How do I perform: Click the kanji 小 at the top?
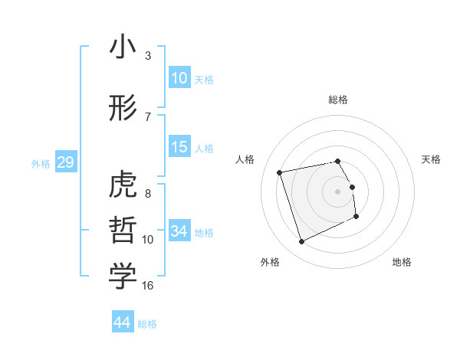(x=123, y=47)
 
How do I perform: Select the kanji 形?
(x=123, y=108)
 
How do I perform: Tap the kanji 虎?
(x=123, y=186)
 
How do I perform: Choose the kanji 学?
(x=123, y=277)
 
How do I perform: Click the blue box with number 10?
(x=179, y=77)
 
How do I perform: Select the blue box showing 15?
(x=179, y=147)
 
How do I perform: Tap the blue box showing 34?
(x=179, y=231)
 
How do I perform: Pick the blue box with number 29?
(x=65, y=162)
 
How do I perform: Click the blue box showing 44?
(x=123, y=322)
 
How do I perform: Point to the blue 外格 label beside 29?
(x=41, y=163)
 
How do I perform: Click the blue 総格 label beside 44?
(x=147, y=323)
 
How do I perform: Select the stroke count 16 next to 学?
(x=148, y=286)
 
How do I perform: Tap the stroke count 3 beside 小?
(x=147, y=56)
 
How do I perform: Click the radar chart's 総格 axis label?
(x=338, y=100)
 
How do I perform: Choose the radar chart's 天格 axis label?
(x=432, y=159)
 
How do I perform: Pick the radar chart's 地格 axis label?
(x=402, y=262)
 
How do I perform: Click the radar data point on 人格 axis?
(x=280, y=172)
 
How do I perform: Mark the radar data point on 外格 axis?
(x=301, y=242)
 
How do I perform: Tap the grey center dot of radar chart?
(x=338, y=191)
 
